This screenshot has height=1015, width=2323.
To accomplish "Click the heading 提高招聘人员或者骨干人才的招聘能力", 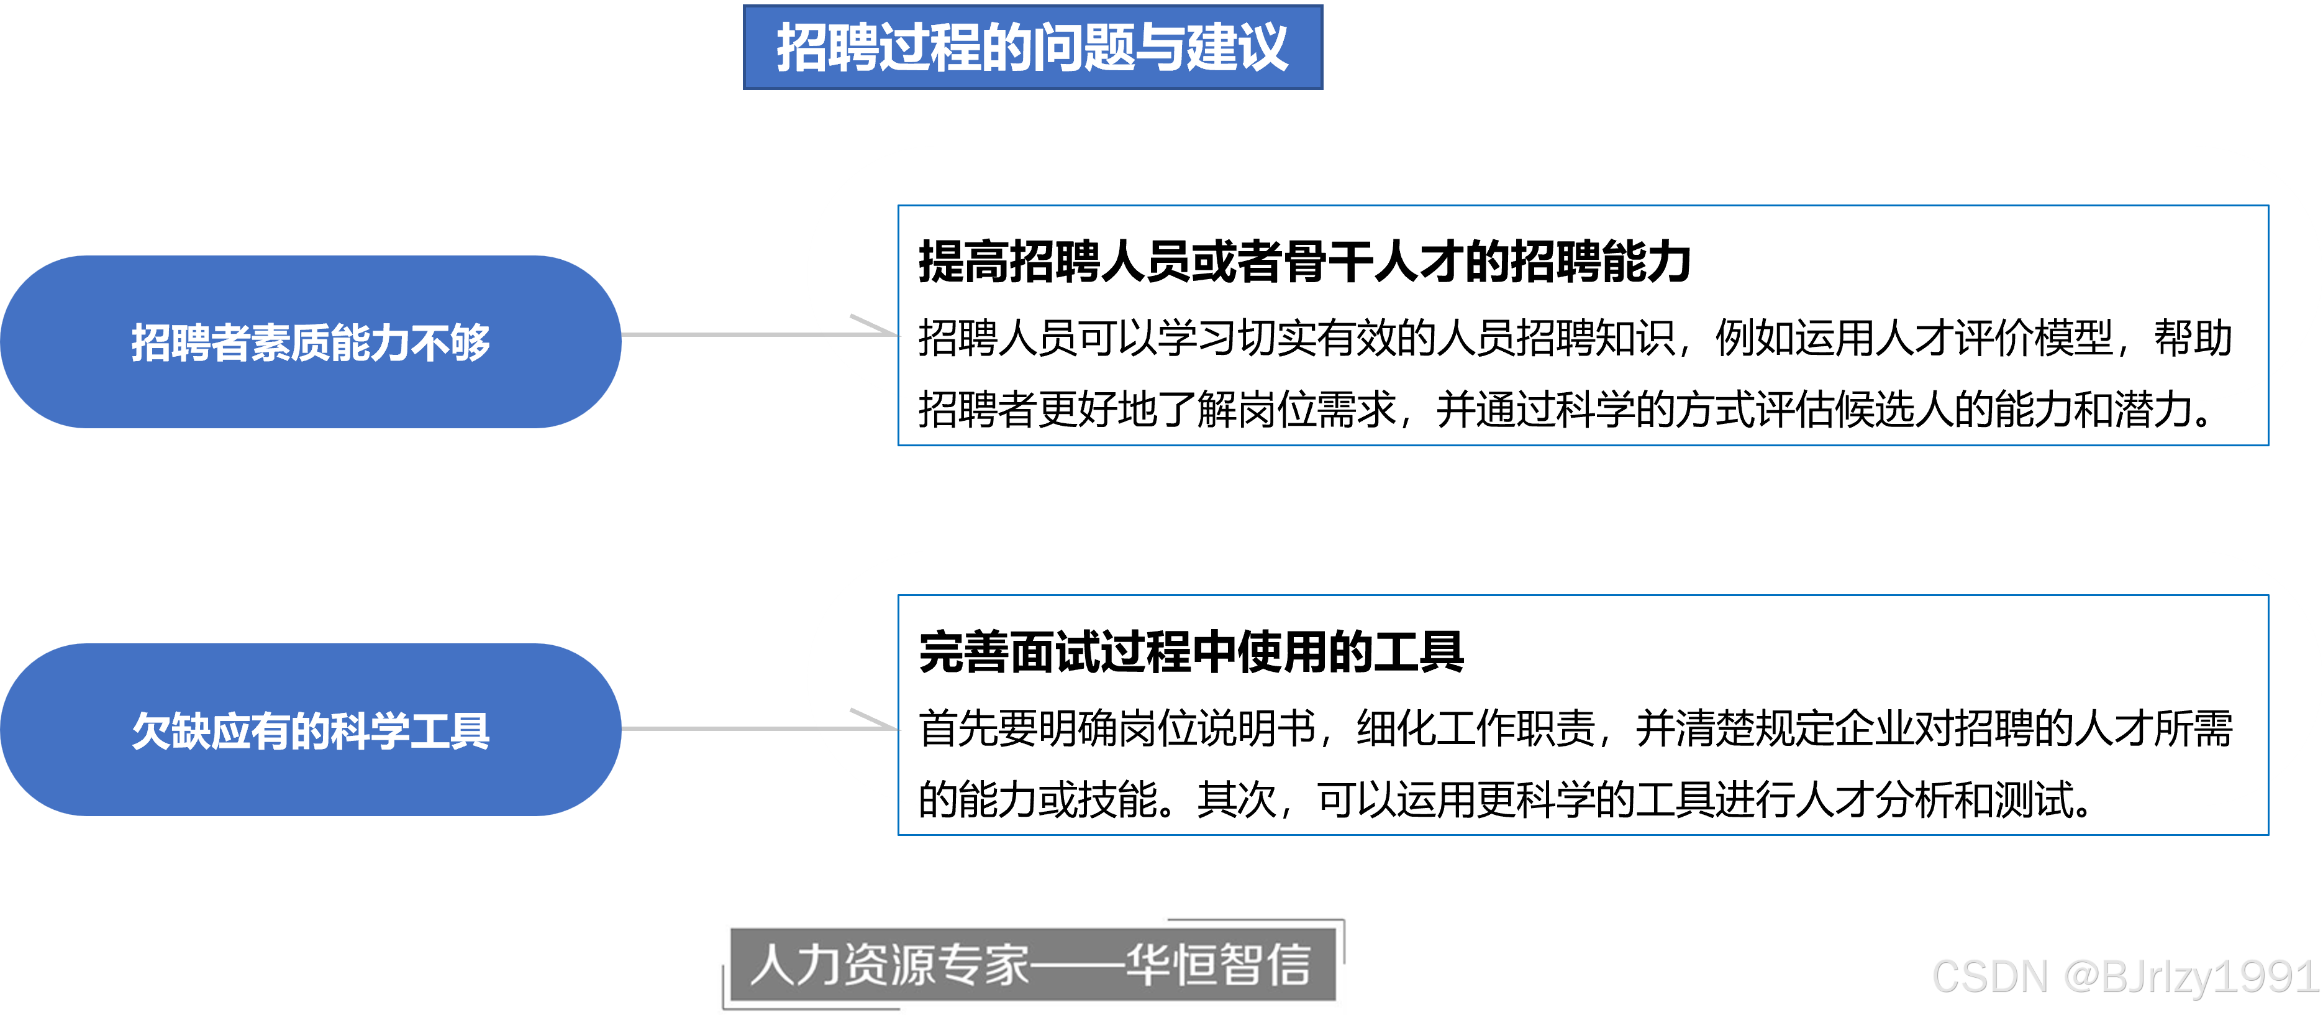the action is point(1304,262).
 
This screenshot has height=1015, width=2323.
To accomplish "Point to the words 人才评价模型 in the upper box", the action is point(1993,338).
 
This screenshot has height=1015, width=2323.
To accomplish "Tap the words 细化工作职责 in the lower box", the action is point(1476,728).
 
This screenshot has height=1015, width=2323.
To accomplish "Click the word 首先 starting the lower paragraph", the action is point(958,728).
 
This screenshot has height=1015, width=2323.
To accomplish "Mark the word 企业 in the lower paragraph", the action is point(1834,728).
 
